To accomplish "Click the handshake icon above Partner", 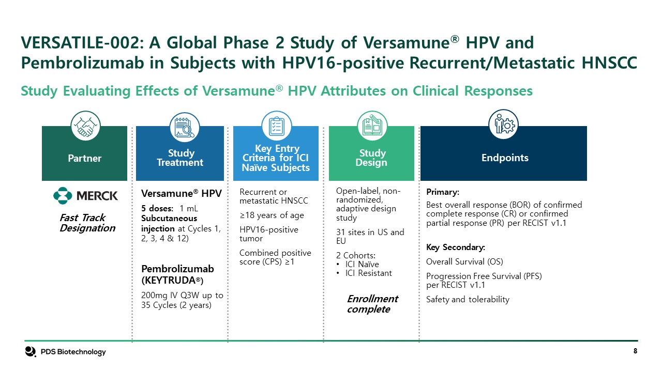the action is (x=85, y=126).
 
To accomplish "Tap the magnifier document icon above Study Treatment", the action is (x=185, y=127).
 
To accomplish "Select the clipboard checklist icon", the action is (x=277, y=126).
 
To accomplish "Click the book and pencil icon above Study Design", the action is (x=372, y=126).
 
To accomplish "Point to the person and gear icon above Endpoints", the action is (x=503, y=125).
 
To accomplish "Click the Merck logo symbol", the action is (x=63, y=195).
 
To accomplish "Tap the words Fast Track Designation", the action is (x=87, y=223).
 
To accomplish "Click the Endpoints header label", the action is (x=505, y=158).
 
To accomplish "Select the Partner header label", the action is (x=84, y=158).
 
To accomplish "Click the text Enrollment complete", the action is (x=372, y=304).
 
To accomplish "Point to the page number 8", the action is (x=635, y=351).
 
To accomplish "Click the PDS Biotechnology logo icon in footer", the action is (x=31, y=352).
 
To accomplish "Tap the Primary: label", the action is (x=442, y=192).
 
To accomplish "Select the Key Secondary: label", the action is (x=456, y=247).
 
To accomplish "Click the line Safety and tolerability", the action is (x=468, y=300).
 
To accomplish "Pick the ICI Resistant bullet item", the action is (x=368, y=273).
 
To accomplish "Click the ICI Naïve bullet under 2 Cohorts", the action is (x=362, y=264).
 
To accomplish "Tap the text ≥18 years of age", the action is (x=272, y=215).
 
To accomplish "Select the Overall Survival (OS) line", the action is (x=464, y=261).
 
